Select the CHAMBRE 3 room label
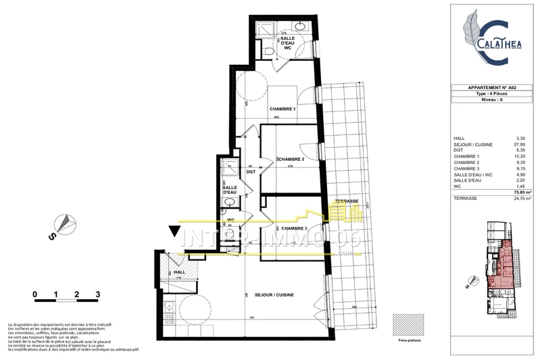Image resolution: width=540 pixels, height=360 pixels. click(294, 229)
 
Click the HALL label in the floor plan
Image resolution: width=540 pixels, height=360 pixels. click(179, 272)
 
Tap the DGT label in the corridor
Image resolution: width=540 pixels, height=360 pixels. click(250, 172)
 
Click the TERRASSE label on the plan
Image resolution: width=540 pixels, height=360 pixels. click(346, 202)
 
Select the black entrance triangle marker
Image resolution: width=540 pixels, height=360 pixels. click(174, 233)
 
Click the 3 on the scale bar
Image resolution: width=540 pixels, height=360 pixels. click(99, 294)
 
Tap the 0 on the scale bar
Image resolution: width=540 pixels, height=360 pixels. click(34, 294)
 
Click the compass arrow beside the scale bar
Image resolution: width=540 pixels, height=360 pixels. click(64, 223)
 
